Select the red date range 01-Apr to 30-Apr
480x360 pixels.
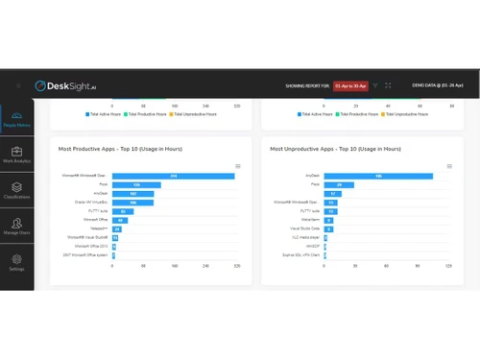350,85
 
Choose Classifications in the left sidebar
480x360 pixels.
16,191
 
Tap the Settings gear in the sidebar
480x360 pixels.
16,262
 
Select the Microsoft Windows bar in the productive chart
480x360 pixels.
174,176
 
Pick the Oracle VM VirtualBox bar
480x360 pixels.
133,203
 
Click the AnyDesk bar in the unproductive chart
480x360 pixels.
378,176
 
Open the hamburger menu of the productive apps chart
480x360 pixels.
238,167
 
